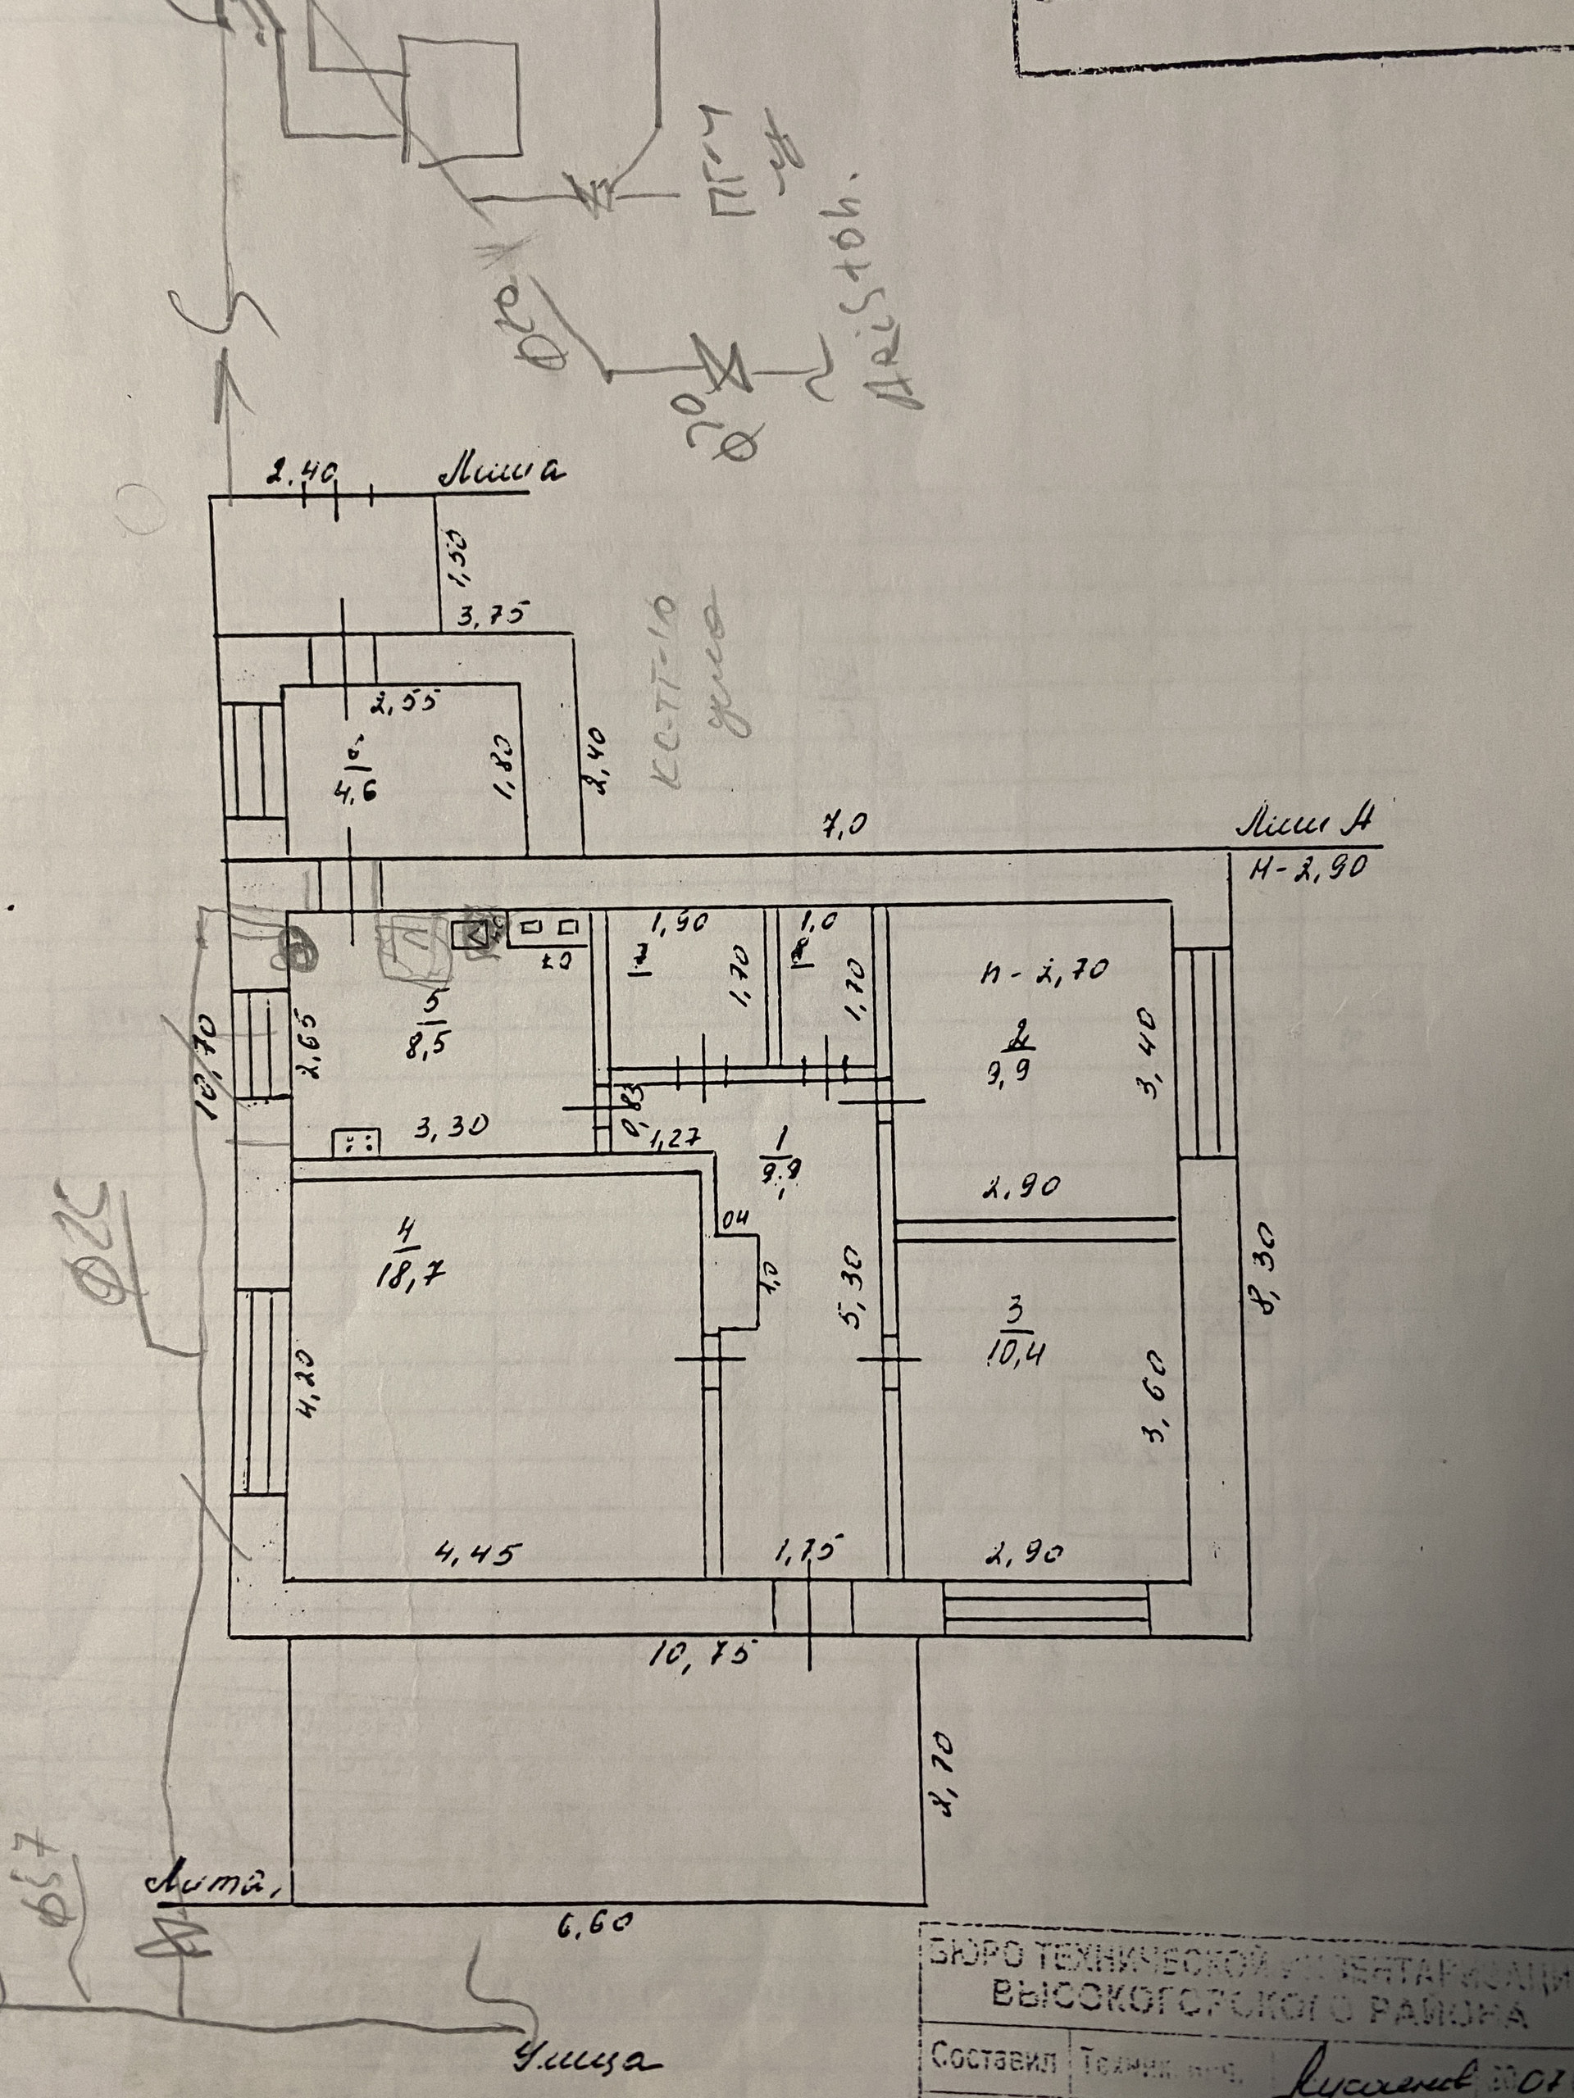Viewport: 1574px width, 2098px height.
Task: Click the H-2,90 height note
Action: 1308,868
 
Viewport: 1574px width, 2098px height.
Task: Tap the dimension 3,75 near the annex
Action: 490,614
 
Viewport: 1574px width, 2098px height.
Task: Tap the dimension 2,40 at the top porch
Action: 302,474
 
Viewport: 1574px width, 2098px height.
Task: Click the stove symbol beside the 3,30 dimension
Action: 357,1143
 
